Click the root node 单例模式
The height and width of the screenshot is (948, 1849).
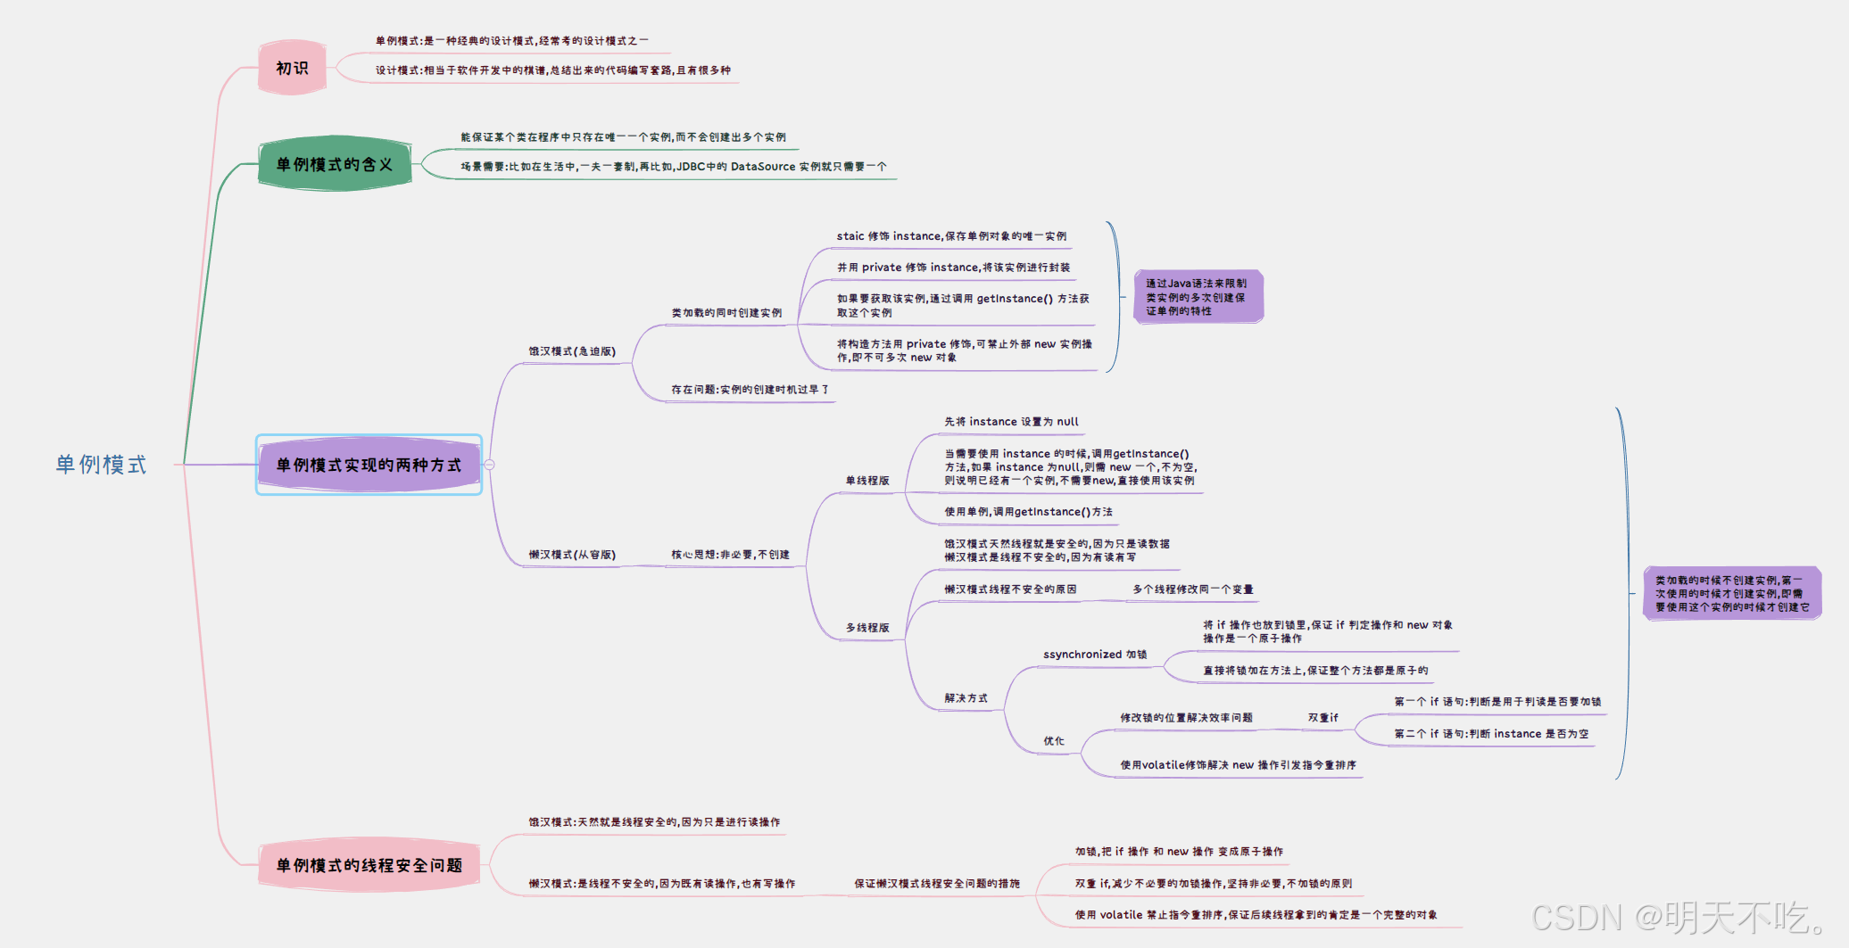101,465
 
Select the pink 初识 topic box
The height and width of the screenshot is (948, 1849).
292,68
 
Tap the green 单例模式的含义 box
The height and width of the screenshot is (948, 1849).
335,164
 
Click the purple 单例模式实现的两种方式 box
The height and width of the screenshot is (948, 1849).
369,465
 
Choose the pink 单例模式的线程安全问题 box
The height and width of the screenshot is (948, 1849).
369,865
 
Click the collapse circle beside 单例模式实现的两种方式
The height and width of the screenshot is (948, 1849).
489,465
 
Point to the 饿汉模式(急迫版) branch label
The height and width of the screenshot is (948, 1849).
572,351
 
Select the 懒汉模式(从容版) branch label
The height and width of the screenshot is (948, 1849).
572,555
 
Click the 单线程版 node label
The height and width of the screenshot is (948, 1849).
867,481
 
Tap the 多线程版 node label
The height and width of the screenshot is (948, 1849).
867,628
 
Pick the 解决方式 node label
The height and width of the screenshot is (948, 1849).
966,698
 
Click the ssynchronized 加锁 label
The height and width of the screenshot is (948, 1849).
1095,655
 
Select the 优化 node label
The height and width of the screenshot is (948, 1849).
1054,741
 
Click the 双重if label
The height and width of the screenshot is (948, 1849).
1322,718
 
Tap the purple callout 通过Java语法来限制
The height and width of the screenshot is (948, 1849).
1198,297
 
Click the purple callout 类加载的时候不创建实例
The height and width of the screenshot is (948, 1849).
1731,593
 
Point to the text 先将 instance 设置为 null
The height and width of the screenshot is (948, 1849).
1011,422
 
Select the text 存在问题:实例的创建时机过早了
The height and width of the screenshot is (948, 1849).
750,390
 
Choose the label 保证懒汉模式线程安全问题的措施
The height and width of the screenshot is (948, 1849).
937,884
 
